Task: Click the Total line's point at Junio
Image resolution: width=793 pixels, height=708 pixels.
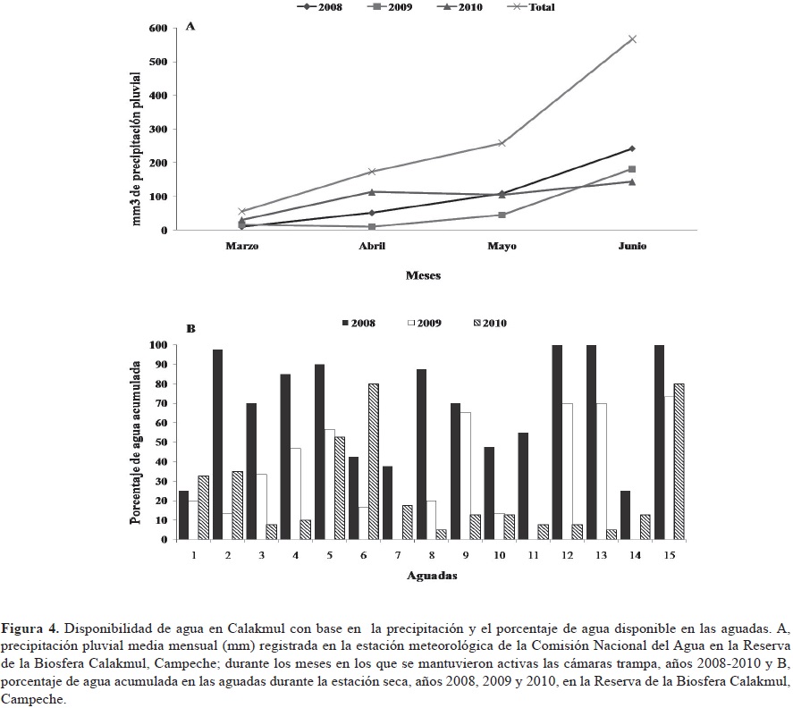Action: (632, 39)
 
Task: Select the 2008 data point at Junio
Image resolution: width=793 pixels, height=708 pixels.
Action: (632, 148)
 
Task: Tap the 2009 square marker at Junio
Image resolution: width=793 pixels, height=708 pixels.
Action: (632, 169)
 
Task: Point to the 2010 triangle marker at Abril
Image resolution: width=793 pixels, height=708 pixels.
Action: (371, 191)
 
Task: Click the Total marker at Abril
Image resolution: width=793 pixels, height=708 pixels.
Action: (371, 172)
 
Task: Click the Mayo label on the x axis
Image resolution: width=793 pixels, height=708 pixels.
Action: (501, 247)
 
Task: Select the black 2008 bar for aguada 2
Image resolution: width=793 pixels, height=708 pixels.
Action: (217, 444)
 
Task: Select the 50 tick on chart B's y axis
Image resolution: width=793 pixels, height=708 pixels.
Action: (162, 442)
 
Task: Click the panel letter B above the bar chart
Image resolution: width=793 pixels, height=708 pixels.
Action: (190, 329)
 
